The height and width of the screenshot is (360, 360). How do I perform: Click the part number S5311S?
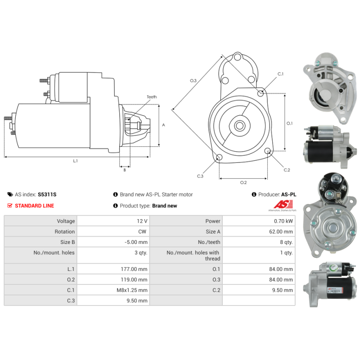click(47, 194)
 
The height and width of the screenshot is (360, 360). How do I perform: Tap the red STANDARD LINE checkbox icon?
click(9, 206)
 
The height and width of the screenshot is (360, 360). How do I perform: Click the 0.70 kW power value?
click(283, 221)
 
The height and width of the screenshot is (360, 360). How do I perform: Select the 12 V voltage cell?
click(142, 221)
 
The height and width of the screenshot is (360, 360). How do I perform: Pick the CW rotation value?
click(142, 232)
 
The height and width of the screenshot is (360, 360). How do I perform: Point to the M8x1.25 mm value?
click(132, 290)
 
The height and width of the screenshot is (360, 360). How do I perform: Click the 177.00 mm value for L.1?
click(134, 269)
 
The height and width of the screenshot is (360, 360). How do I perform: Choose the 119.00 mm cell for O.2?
click(134, 279)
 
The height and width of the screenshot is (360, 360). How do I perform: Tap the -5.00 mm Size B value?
click(136, 242)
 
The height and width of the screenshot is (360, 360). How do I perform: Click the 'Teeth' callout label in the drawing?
click(152, 97)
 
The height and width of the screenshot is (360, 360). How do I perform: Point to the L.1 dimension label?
click(75, 161)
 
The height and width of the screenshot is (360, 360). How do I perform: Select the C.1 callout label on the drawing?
click(280, 74)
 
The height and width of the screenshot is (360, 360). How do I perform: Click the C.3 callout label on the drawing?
click(200, 176)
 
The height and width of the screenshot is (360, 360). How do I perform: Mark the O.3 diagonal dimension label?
click(193, 81)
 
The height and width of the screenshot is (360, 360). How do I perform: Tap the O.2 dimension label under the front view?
click(243, 183)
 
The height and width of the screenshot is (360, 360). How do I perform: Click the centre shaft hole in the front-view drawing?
click(240, 126)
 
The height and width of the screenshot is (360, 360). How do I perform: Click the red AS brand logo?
click(283, 204)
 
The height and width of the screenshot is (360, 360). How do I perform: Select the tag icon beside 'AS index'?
click(10, 194)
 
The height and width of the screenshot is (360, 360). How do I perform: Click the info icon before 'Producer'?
click(254, 194)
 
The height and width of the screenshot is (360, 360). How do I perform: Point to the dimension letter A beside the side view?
click(163, 125)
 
